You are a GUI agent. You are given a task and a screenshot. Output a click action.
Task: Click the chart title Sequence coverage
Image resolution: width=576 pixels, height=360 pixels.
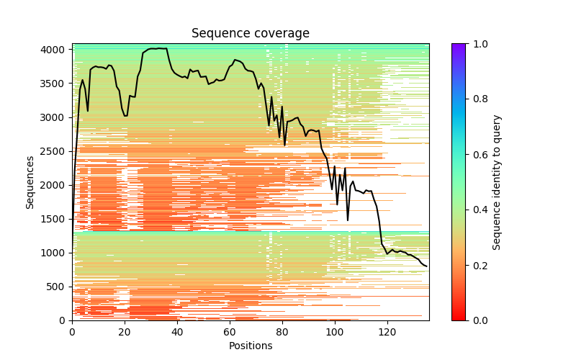pos(251,34)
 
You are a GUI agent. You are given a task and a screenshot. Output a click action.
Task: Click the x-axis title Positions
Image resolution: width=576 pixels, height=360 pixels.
pos(251,346)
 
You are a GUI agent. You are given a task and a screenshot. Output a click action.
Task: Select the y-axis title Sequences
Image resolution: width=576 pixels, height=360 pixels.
pos(30,182)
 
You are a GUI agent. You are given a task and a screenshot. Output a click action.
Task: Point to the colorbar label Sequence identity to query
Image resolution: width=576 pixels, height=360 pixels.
pos(497,182)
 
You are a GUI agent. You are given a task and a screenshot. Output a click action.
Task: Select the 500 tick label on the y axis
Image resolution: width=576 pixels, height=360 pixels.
pos(58,287)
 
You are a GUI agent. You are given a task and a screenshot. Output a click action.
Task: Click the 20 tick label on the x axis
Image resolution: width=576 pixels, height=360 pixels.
pos(125,333)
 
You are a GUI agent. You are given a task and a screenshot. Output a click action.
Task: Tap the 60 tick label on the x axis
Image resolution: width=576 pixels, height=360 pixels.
pos(230,333)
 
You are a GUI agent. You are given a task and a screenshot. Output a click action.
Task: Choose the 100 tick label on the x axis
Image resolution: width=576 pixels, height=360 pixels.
pos(335,333)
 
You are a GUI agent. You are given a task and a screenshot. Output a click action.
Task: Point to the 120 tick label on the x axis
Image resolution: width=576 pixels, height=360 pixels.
pos(387,333)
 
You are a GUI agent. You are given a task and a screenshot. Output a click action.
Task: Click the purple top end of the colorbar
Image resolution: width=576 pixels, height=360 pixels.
pos(459,46)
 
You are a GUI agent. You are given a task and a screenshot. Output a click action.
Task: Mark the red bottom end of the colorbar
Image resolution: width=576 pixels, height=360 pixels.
pos(459,318)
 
